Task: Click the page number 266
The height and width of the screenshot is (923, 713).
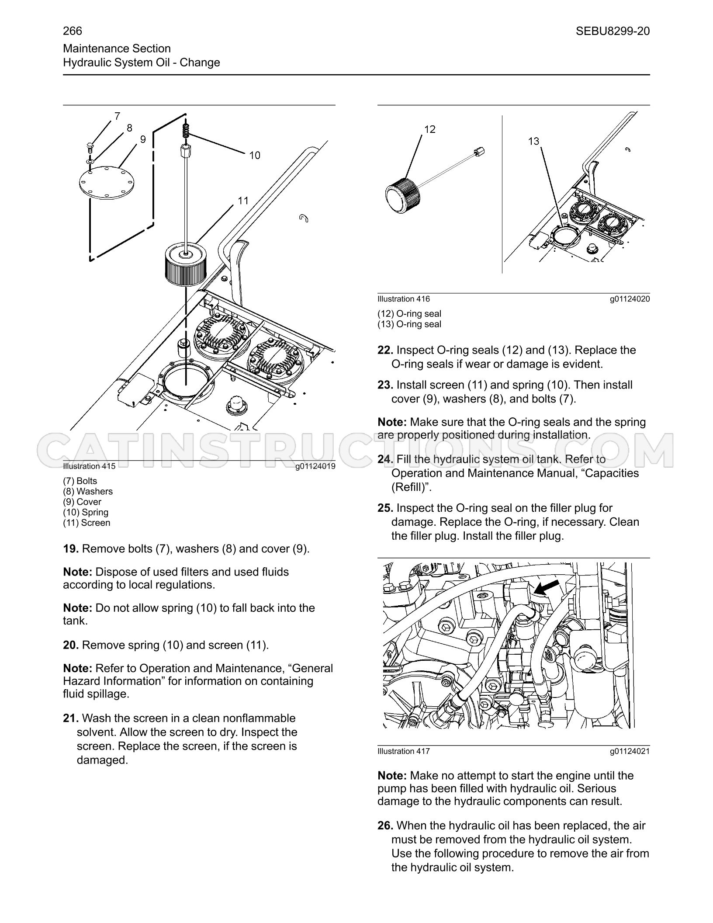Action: click(x=73, y=31)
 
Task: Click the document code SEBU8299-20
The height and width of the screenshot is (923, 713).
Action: click(x=613, y=31)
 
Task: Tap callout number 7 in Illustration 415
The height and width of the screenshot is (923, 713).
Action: click(x=117, y=116)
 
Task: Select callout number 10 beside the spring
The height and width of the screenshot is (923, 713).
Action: click(x=255, y=155)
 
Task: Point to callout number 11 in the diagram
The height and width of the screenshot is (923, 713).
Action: click(x=243, y=201)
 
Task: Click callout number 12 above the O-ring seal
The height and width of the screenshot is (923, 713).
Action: click(x=430, y=129)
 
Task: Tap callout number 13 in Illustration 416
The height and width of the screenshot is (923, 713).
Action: click(x=533, y=141)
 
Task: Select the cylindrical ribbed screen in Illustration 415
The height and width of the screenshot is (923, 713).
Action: click(x=186, y=265)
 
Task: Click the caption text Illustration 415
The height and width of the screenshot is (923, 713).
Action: click(x=89, y=466)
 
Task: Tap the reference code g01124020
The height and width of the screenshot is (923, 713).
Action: click(x=630, y=299)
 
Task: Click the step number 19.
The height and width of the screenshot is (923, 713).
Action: click(x=71, y=549)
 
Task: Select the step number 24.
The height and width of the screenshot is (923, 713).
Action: click(x=385, y=459)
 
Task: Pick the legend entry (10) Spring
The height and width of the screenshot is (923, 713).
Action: click(x=86, y=512)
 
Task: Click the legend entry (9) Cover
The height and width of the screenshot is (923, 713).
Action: click(x=82, y=502)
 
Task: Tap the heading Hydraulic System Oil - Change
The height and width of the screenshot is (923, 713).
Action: click(x=142, y=62)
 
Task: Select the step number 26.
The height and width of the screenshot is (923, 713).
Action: click(x=385, y=826)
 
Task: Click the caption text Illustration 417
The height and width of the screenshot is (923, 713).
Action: click(x=404, y=751)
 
